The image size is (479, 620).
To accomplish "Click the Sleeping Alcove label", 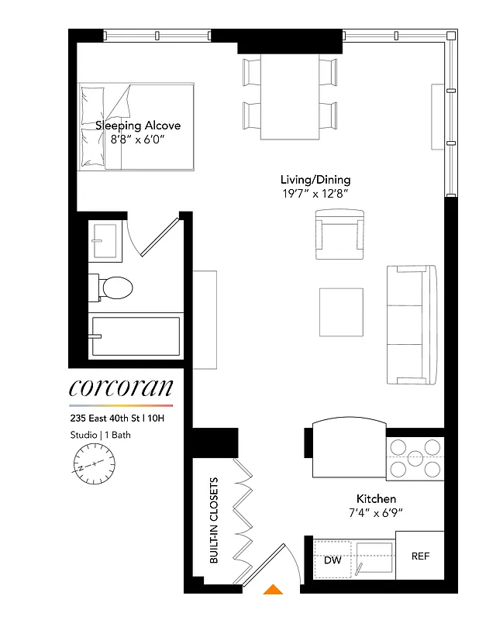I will [138, 125].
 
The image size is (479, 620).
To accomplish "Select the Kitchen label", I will [376, 498].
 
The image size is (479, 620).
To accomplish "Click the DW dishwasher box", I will [333, 560].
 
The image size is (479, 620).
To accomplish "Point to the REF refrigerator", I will [420, 556].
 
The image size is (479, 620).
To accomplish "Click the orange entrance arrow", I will [272, 590].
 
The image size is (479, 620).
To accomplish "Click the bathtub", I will [136, 336].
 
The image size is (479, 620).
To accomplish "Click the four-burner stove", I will [415, 458].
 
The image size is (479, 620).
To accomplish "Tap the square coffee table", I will [341, 312].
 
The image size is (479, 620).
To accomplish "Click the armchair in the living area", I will [339, 236].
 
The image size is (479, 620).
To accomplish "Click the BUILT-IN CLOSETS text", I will [215, 530].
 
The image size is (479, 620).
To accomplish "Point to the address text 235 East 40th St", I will [117, 418].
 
